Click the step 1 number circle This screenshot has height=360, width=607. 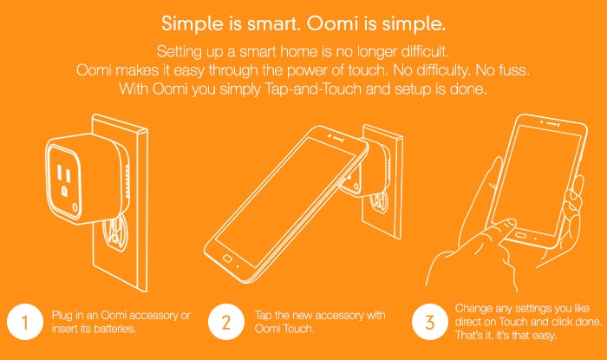pyautogui.click(x=25, y=322)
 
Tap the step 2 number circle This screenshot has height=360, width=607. pyautogui.click(x=226, y=322)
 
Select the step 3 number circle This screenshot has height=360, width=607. pyautogui.click(x=430, y=322)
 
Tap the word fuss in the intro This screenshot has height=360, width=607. pyautogui.click(x=513, y=70)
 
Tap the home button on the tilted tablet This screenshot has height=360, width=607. pyautogui.click(x=227, y=259)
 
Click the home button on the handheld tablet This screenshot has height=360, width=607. pyautogui.click(x=520, y=235)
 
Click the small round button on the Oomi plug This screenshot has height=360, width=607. pyautogui.click(x=75, y=209)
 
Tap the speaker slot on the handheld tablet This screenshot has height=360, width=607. pyautogui.click(x=553, y=124)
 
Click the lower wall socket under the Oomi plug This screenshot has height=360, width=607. pyautogui.click(x=115, y=234)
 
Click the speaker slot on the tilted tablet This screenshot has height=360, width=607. pyautogui.click(x=339, y=138)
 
